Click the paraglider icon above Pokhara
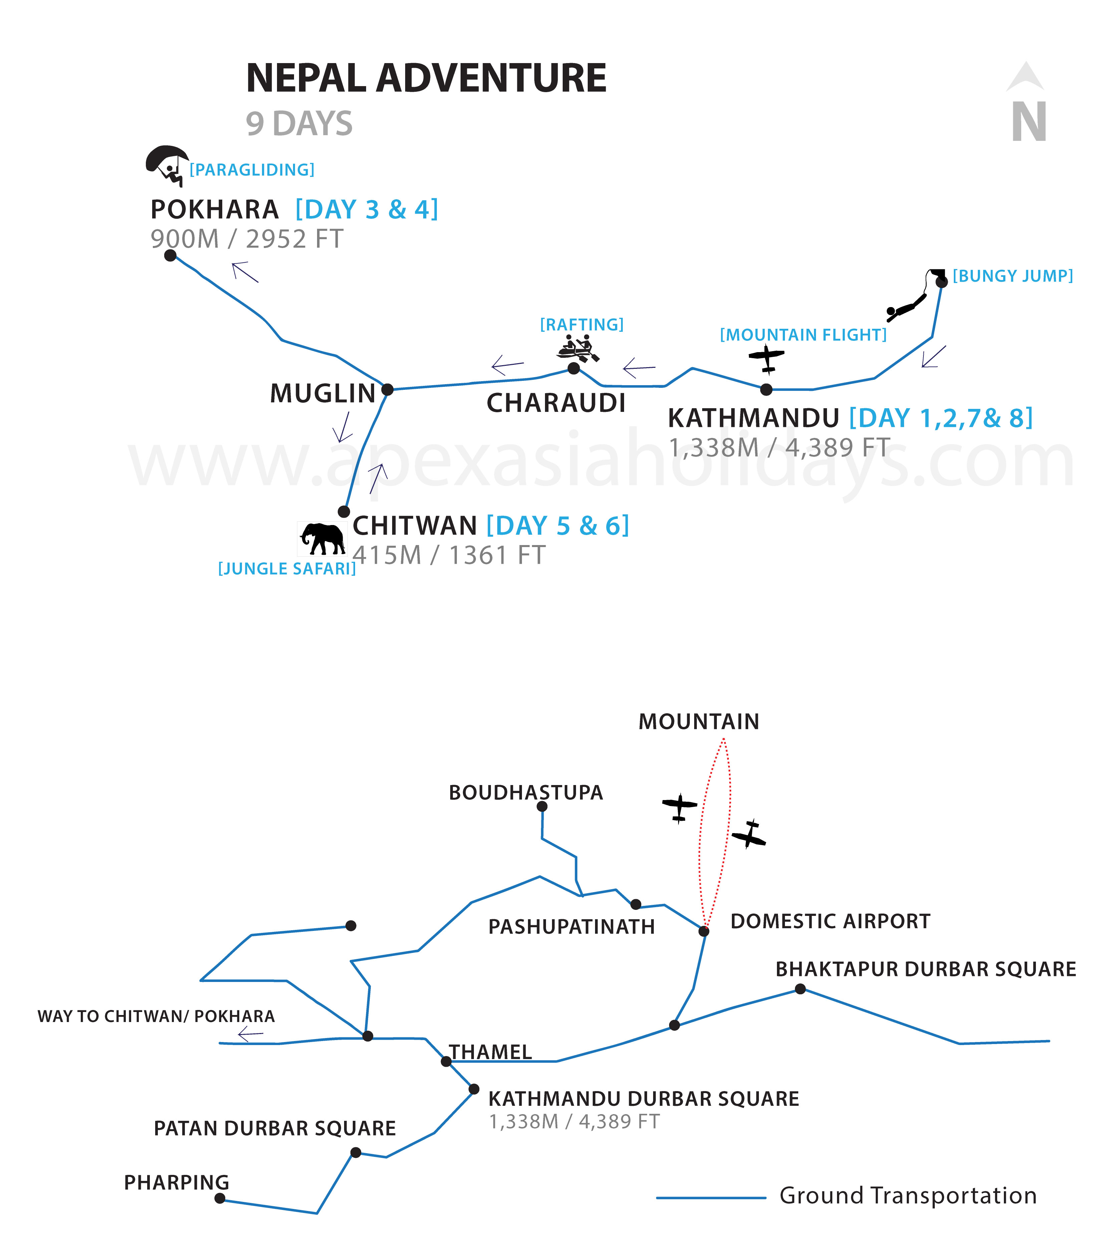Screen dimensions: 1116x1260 167,165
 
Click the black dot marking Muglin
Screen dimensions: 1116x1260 387,390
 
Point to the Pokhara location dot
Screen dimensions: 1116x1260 171,255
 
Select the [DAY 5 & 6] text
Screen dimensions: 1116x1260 558,526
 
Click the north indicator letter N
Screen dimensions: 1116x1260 1029,121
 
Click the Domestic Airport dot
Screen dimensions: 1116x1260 704,931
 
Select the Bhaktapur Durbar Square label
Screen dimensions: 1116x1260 925,969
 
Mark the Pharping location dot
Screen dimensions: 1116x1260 220,1198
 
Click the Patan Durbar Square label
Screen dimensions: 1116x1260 275,1128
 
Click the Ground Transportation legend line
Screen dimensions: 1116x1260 711,1198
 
